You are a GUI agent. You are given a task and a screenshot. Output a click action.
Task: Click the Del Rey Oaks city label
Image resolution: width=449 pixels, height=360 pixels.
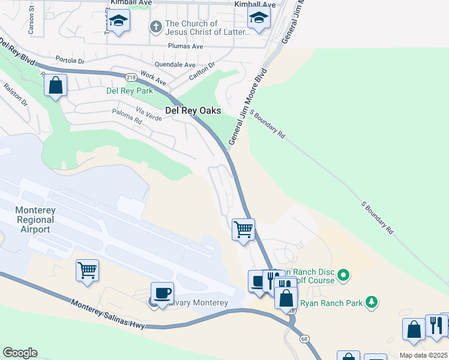click(x=193, y=111)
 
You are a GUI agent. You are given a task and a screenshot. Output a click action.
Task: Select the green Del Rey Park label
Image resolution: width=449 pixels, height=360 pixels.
click(x=130, y=91)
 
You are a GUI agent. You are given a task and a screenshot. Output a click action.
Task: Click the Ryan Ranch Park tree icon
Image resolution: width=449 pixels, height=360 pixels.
click(x=372, y=302)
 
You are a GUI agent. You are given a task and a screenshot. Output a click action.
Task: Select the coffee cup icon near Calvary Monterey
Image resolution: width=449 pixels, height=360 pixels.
click(x=162, y=293)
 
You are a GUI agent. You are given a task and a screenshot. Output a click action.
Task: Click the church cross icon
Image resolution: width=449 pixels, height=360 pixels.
click(x=155, y=27)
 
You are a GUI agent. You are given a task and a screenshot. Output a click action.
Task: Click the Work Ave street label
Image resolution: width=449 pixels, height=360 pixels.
click(x=153, y=78)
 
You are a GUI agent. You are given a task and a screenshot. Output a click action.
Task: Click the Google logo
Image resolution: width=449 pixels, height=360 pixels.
click(x=20, y=353)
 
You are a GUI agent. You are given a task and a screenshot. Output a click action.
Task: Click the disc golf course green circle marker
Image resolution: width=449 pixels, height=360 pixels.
click(x=343, y=276)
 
